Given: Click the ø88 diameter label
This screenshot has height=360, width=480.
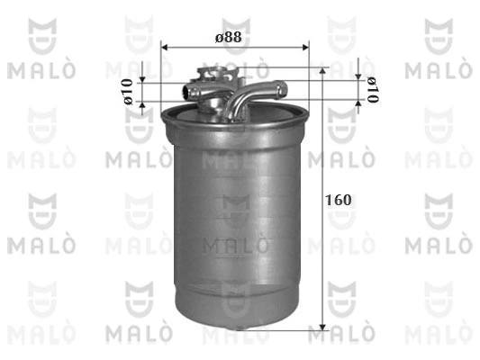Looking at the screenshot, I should [227, 37].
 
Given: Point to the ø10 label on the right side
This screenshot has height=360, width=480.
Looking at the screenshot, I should [370, 90].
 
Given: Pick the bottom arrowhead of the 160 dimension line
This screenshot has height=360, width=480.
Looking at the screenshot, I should [322, 327].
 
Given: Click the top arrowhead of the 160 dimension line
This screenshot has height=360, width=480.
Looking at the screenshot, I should [322, 69].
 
